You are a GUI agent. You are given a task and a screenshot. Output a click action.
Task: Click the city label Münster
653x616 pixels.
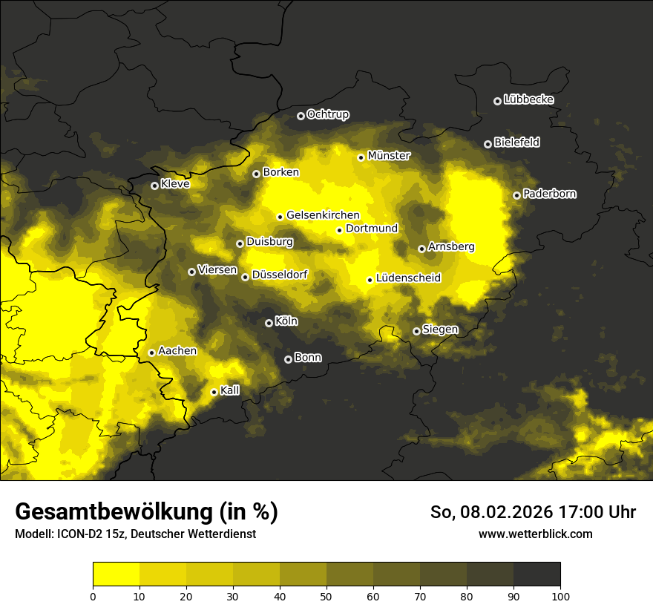tap(389, 156)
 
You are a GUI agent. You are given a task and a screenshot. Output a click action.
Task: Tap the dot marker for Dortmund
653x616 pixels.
tap(339, 230)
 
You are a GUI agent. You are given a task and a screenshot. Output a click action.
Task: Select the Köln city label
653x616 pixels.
tap(286, 321)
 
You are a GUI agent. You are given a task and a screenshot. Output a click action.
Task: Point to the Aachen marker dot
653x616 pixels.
tap(151, 353)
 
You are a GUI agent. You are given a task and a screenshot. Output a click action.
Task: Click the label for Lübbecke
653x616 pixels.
tap(528, 99)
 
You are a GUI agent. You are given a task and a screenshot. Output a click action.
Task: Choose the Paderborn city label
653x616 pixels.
tap(549, 194)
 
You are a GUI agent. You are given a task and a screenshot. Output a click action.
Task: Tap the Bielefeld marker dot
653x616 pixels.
tap(488, 144)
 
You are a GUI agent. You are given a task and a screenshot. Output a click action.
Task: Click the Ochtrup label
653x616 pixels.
tap(327, 114)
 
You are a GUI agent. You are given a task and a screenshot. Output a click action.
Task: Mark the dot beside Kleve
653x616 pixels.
tap(154, 186)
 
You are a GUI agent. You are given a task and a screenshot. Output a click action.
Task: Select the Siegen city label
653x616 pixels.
tap(440, 330)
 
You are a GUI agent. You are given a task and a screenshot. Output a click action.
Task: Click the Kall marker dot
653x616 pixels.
tap(214, 392)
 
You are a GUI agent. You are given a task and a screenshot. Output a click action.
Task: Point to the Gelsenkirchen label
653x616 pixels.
tap(323, 215)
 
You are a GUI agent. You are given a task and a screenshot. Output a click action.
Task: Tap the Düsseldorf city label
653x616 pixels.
tap(280, 275)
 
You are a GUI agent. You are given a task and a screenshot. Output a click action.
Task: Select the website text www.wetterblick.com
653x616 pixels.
tap(535, 534)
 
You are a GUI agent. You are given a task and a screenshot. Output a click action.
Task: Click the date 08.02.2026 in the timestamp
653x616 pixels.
tap(502, 512)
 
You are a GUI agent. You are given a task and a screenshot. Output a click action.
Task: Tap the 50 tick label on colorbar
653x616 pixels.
tap(326, 595)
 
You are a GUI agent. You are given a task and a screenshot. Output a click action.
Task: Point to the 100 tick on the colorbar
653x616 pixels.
tap(560, 595)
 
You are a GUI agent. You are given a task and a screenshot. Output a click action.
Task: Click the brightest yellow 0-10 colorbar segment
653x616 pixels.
tap(116, 574)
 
